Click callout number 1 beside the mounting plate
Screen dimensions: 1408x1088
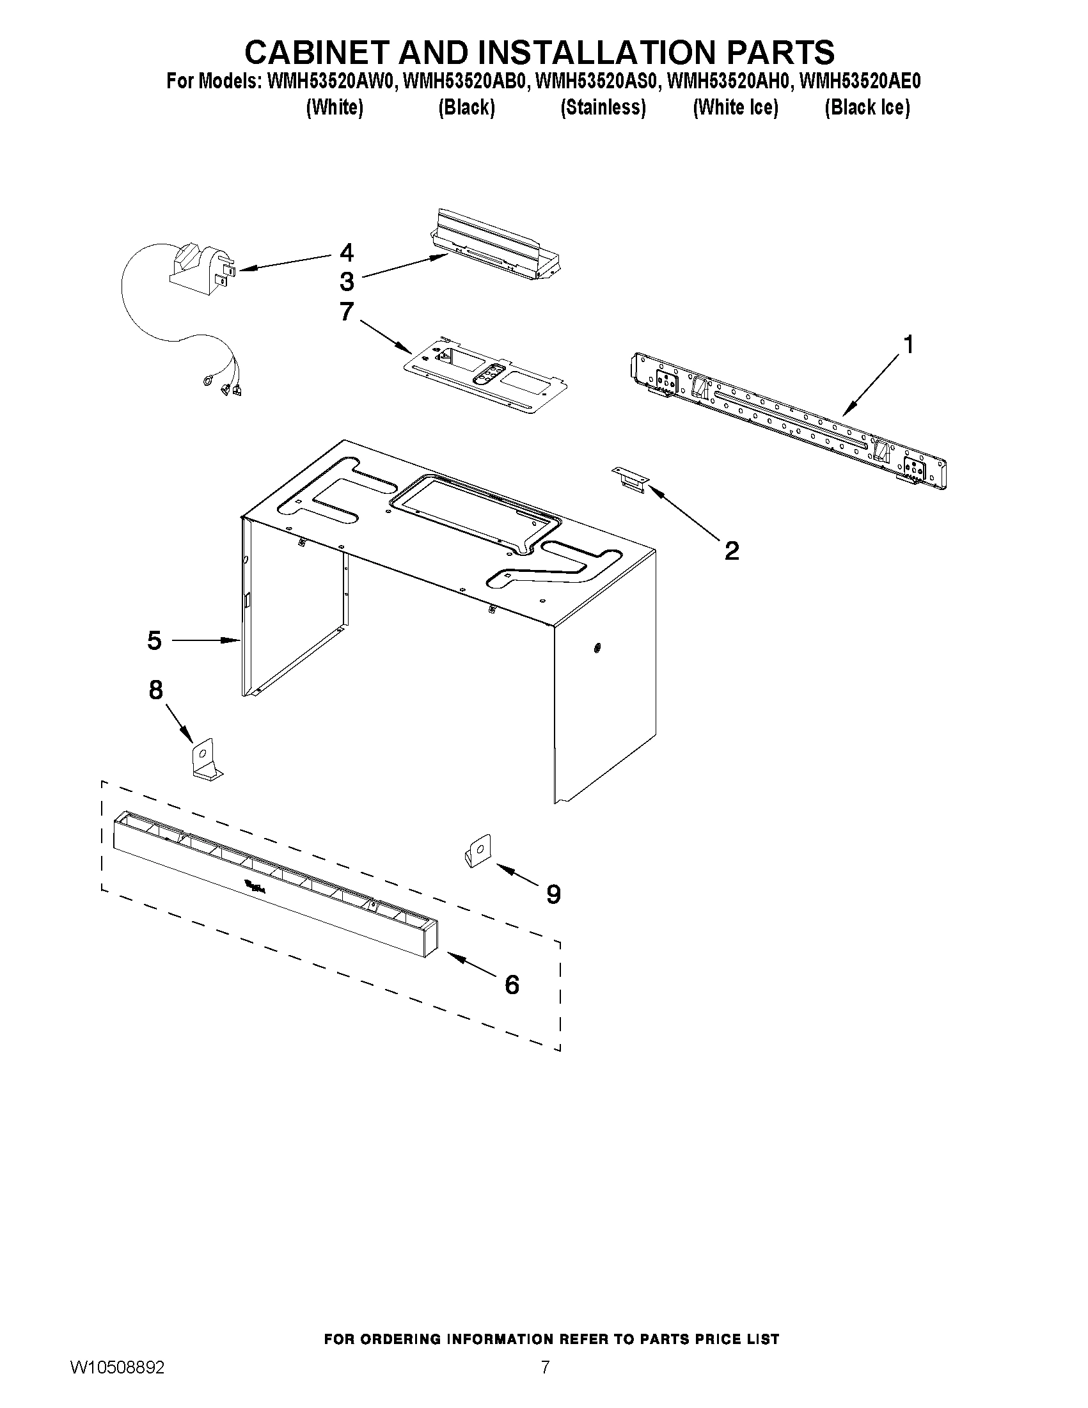tap(908, 345)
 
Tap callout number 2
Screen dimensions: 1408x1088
tap(732, 551)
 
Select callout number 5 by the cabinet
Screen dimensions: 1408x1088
tap(154, 641)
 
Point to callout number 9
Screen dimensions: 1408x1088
tap(553, 894)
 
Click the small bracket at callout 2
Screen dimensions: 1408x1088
tap(630, 480)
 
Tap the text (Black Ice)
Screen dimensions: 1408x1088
tap(867, 107)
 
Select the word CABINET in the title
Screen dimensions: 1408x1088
tap(316, 52)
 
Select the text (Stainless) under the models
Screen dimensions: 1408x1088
tap(603, 107)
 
